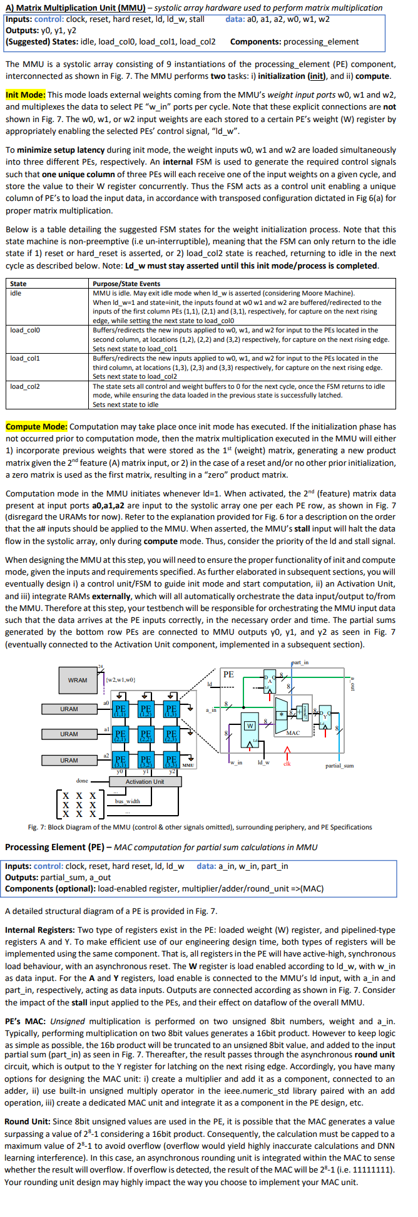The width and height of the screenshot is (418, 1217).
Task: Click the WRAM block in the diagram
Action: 78,680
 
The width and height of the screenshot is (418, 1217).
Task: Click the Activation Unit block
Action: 145,781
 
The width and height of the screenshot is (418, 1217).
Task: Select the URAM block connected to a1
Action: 69,734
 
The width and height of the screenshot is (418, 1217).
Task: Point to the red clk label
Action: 287,763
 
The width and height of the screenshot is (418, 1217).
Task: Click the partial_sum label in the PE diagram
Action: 339,766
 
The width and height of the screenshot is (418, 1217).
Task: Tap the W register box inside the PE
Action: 250,726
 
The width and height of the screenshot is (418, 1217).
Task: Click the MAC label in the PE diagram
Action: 293,732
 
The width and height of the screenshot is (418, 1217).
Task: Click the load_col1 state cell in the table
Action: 25,359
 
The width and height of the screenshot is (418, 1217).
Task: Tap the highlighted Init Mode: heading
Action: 25,95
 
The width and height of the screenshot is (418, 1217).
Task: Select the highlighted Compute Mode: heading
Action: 36,426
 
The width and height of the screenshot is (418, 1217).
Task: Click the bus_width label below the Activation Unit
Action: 128,801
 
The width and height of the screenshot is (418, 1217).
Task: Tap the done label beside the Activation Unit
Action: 82,781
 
